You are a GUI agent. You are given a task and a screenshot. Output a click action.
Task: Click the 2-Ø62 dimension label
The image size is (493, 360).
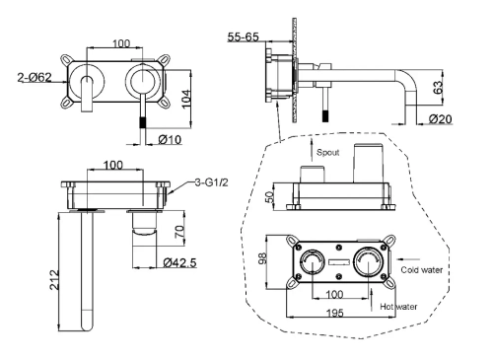tap(35, 77)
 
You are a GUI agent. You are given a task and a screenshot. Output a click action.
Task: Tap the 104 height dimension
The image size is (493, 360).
tap(186, 99)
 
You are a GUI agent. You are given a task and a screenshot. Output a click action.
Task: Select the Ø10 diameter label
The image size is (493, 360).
tap(170, 140)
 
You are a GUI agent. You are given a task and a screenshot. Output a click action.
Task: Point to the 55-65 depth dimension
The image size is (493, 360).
tap(244, 36)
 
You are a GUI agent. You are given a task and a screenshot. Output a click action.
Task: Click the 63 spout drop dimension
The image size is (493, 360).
tap(439, 88)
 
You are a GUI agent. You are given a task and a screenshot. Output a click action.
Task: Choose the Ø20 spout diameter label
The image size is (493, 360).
tap(441, 118)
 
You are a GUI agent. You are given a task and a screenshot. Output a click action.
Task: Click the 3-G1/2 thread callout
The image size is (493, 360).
tap(211, 182)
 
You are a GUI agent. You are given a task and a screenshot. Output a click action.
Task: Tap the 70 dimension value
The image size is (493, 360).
tap(179, 232)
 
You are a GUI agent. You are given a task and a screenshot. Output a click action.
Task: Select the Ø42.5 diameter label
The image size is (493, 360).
tap(180, 262)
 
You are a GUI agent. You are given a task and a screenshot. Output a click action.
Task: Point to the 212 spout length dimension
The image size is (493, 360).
tap(55, 280)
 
